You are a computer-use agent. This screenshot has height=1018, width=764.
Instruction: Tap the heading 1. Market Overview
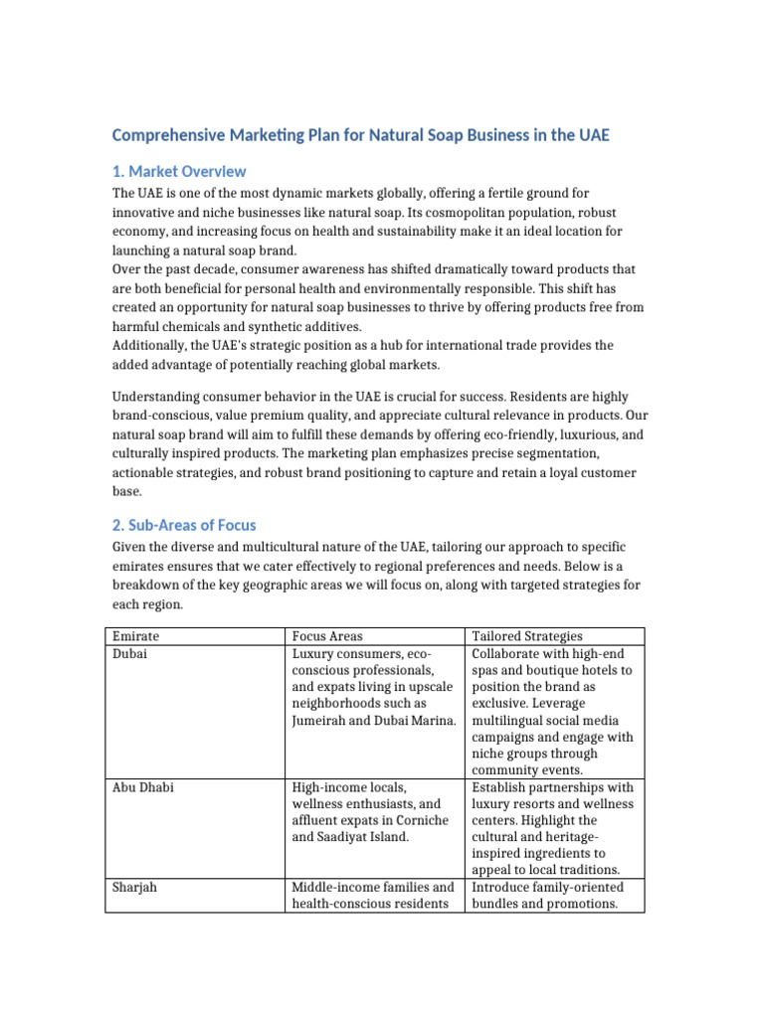178,171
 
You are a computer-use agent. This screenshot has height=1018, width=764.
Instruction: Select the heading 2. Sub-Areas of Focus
183,525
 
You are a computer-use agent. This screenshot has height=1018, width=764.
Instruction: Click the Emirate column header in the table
135,636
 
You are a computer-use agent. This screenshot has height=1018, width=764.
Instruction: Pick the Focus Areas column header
327,636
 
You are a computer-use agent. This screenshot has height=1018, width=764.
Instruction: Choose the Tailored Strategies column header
527,636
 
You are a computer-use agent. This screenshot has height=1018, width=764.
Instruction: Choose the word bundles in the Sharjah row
497,904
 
